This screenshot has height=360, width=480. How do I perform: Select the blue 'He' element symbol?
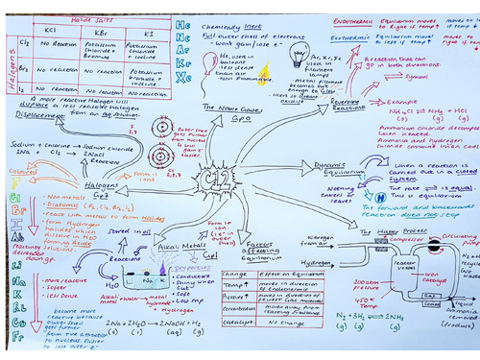[184, 20]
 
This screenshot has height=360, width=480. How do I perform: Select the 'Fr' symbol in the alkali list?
[14, 339]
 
